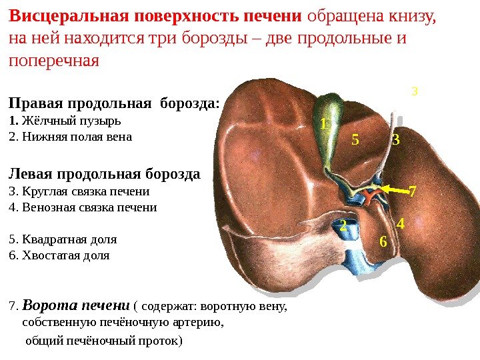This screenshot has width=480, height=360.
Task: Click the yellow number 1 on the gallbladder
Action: [x=324, y=124]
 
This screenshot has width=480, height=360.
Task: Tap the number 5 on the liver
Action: [x=355, y=141]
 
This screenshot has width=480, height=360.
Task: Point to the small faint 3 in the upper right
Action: [x=414, y=90]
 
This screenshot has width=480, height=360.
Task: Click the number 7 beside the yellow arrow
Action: [x=412, y=193]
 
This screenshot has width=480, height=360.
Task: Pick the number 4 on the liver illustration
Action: [x=400, y=224]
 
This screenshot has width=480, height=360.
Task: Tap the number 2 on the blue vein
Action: [x=343, y=226]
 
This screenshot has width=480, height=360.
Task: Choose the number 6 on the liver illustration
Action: [x=383, y=241]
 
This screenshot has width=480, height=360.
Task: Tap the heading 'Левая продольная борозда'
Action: [x=104, y=175]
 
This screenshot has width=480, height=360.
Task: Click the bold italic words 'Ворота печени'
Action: [x=75, y=306]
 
